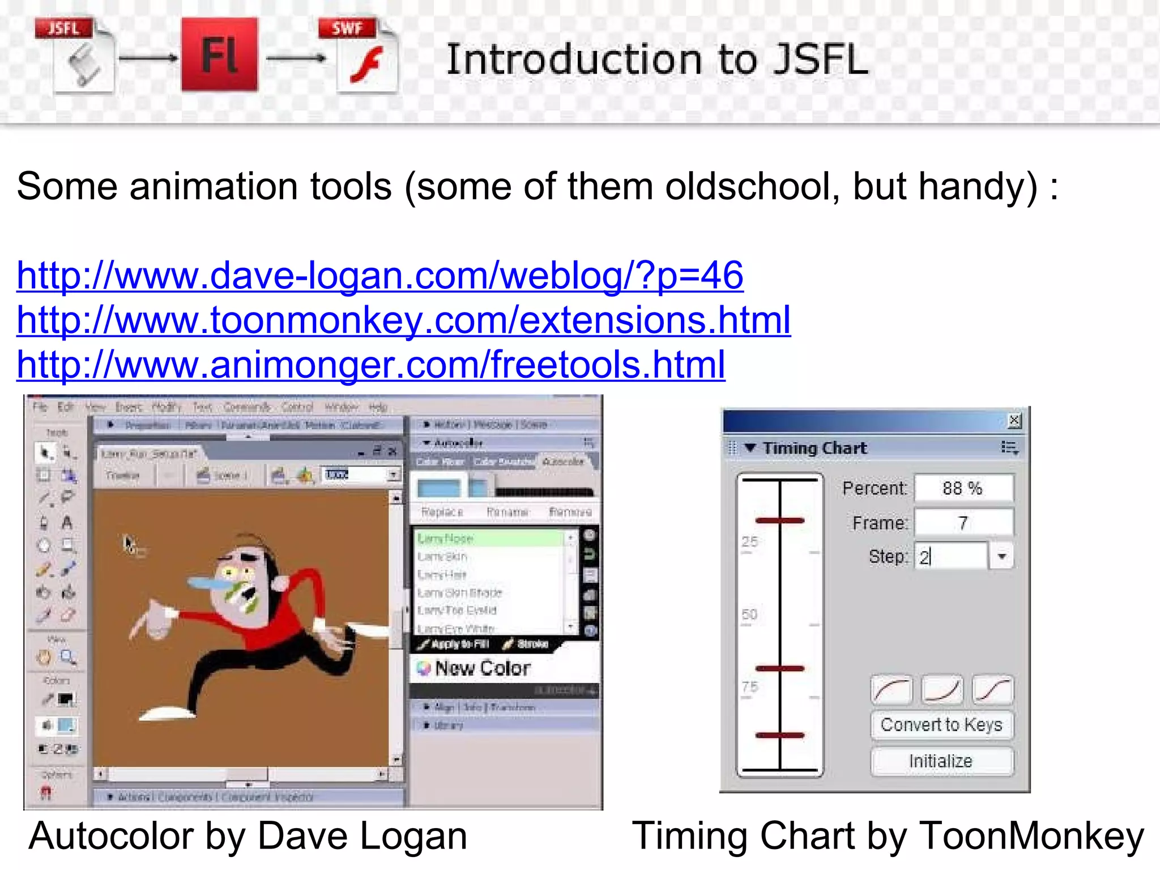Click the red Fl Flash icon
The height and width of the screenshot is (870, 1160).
(x=220, y=54)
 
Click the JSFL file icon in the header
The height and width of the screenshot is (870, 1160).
(x=76, y=56)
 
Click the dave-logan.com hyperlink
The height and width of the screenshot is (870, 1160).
(x=379, y=276)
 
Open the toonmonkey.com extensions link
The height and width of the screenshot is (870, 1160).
(x=403, y=320)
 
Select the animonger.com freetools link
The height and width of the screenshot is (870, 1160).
(x=370, y=364)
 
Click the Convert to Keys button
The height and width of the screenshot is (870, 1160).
(x=941, y=724)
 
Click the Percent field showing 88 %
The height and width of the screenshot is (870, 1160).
(x=963, y=488)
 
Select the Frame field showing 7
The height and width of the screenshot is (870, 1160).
(x=963, y=523)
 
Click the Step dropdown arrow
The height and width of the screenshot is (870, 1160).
(x=1001, y=556)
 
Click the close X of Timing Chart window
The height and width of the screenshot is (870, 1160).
(x=1014, y=421)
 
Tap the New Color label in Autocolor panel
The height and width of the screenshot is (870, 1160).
(x=483, y=668)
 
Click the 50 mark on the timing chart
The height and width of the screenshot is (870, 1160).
(x=749, y=615)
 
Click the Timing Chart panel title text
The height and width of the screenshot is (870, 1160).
(x=814, y=448)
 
